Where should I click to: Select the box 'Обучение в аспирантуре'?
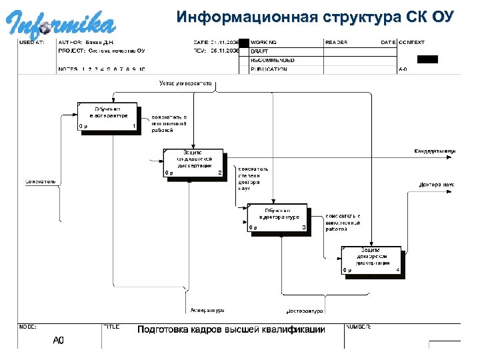pos(107,117)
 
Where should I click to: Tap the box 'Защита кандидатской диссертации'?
pos(193,162)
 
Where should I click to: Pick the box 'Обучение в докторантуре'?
pos(277,217)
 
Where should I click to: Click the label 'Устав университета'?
pos(185,83)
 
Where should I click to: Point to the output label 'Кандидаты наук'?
pos(435,151)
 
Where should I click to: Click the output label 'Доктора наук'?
pos(437,184)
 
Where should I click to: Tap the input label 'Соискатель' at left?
pos(41,181)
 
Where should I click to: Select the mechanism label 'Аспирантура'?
pos(207,310)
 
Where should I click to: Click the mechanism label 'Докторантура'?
pos(304,311)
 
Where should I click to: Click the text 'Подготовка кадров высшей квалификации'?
pos(231,330)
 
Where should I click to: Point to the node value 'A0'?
pos(59,341)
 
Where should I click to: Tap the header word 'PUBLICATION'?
pos(269,69)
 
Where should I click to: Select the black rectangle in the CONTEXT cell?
pos(427,59)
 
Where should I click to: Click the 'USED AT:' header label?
pos(31,42)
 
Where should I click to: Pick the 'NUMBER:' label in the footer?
pos(359,327)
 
